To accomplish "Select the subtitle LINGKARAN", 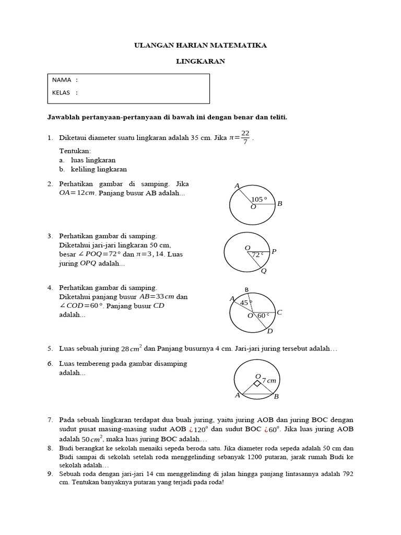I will [200, 61].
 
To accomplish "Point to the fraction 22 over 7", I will [245, 137].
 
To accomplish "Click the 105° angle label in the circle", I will [258, 199].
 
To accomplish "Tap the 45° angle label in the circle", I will [246, 303].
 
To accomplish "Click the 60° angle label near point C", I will [263, 315].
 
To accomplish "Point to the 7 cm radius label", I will [269, 380].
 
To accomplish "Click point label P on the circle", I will [274, 252].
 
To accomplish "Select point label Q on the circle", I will [264, 271].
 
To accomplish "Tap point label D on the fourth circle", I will [269, 331].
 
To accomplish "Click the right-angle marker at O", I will [257, 383].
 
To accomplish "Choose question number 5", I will [50, 348].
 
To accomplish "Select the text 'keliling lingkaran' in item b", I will [99, 169].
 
